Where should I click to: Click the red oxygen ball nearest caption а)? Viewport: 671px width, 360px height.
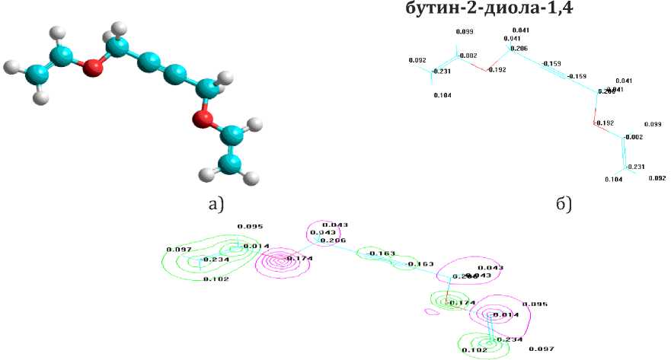coord(201,119)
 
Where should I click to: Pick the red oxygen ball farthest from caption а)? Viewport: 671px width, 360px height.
coord(93,68)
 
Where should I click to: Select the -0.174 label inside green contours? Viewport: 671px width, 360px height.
coord(462,304)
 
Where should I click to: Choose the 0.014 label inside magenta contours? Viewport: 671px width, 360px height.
coord(504,315)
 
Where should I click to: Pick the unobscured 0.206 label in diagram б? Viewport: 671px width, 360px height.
coord(518,49)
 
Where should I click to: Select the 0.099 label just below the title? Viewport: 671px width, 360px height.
coord(464,32)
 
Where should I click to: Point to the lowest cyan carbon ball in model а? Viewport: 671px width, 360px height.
coord(228,161)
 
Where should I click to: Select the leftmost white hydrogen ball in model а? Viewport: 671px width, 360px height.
coord(10,66)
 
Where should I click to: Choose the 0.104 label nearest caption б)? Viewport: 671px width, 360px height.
coord(613,180)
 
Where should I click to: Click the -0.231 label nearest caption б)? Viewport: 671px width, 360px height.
coord(635,167)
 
